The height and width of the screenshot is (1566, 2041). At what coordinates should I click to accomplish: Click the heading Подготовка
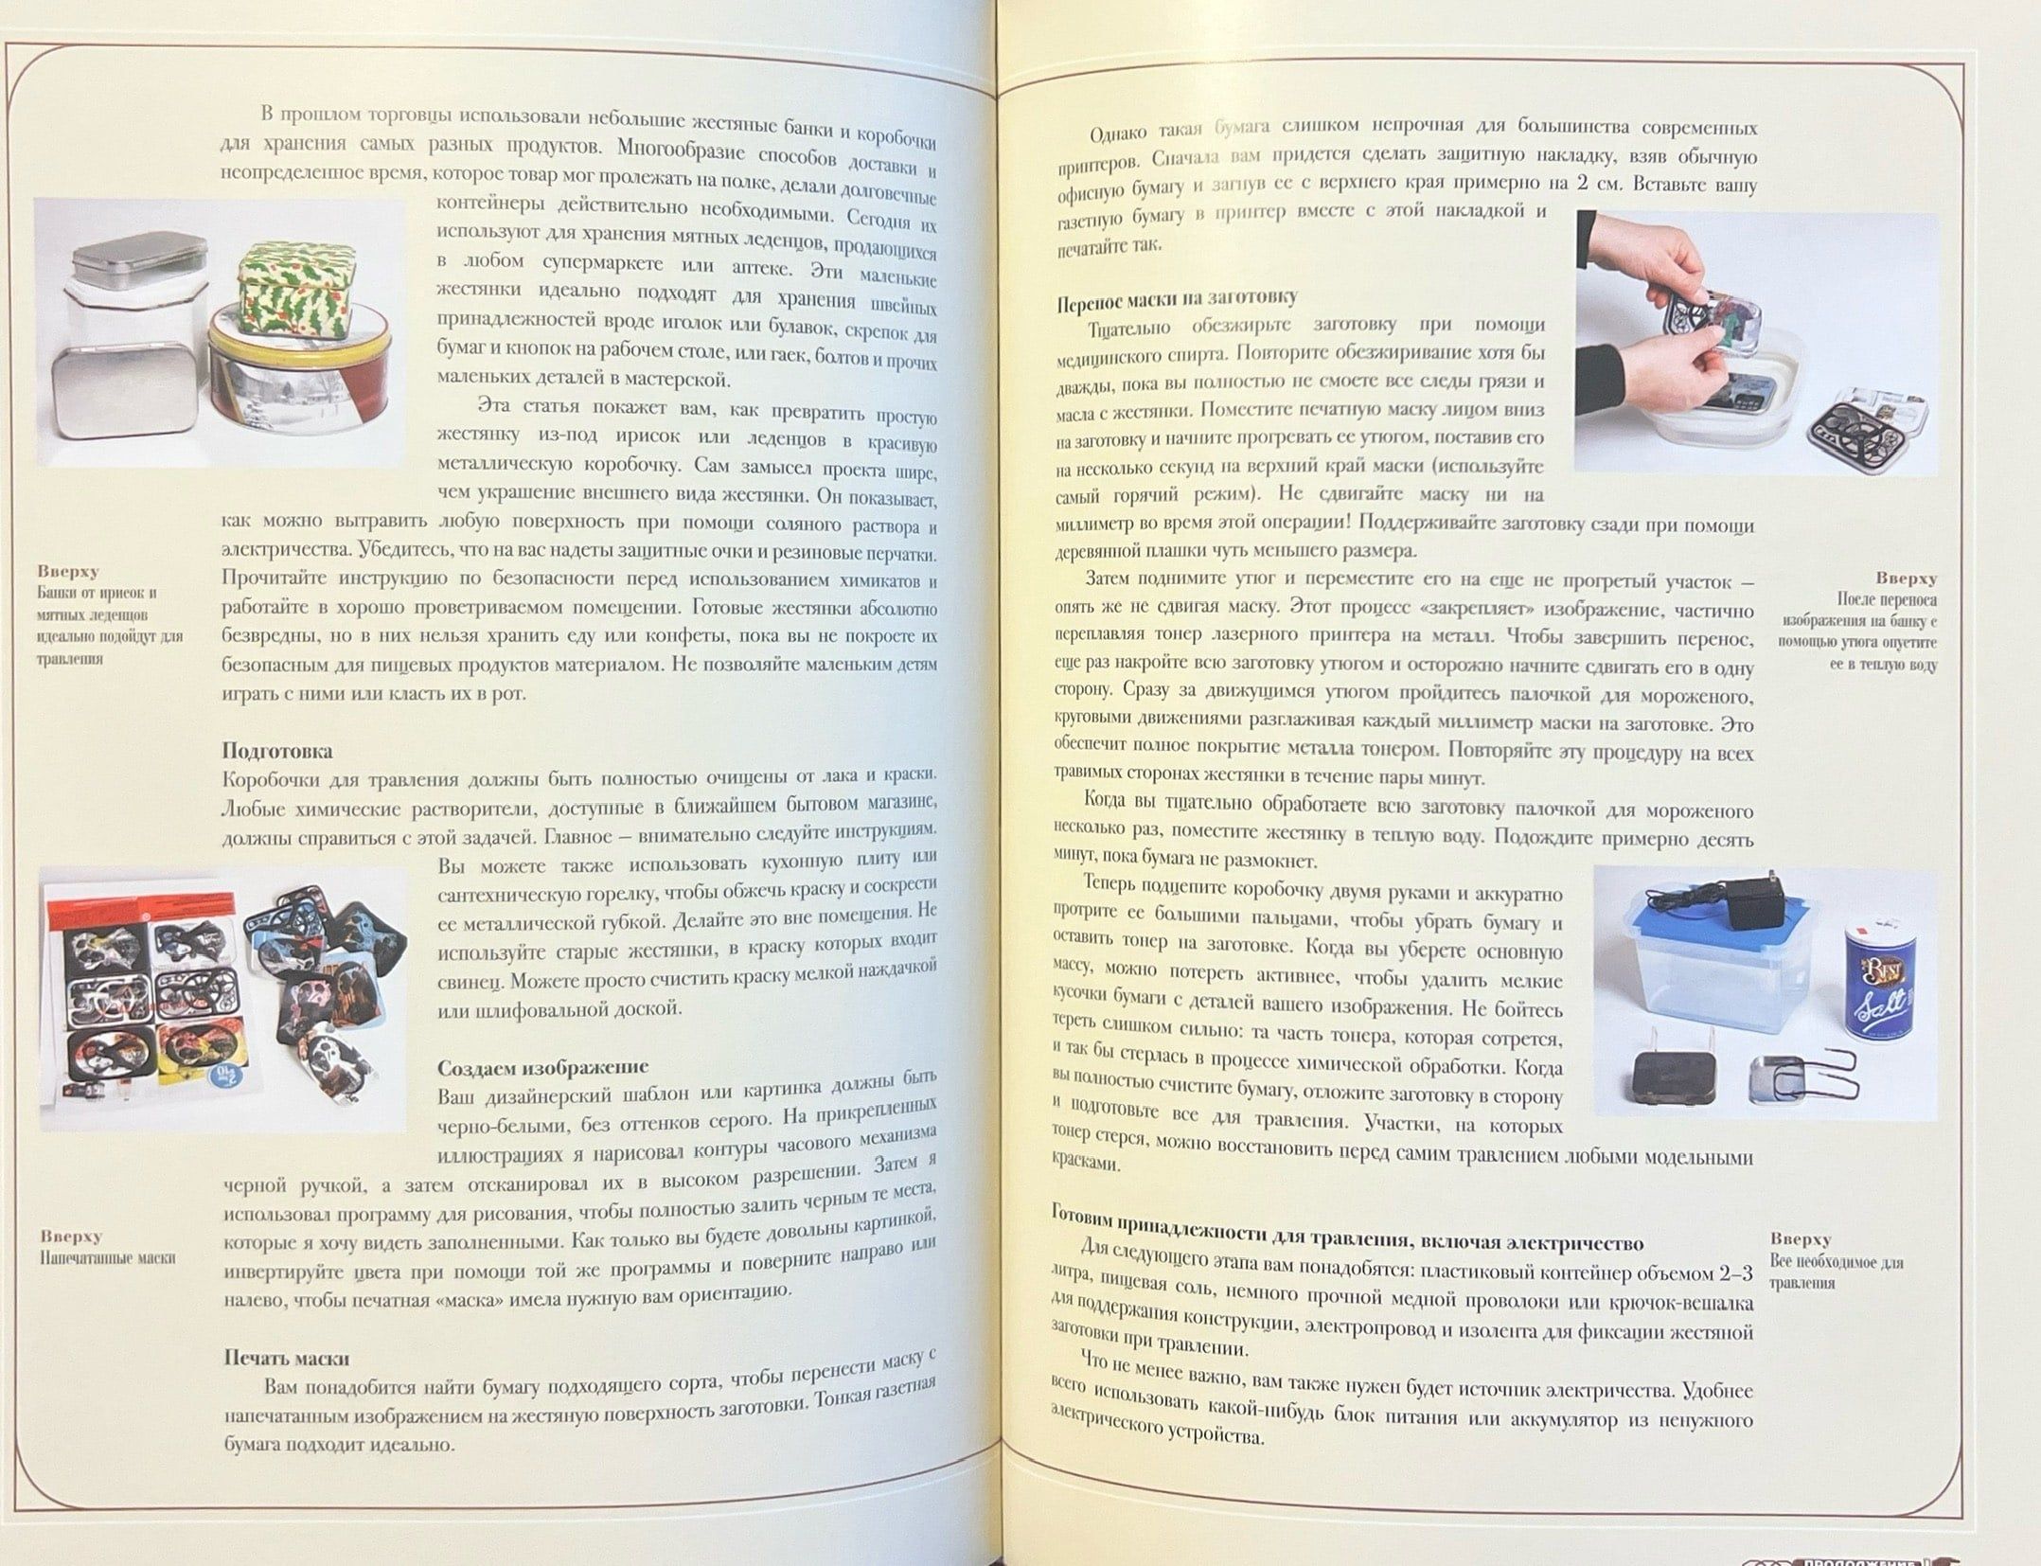[277, 751]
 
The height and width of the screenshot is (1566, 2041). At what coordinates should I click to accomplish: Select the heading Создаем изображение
[542, 1068]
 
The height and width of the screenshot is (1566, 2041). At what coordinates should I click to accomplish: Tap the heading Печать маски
[287, 1357]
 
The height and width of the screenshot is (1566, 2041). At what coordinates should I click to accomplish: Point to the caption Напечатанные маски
[107, 1258]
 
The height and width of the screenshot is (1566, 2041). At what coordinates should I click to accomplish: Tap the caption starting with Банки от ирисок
[110, 626]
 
